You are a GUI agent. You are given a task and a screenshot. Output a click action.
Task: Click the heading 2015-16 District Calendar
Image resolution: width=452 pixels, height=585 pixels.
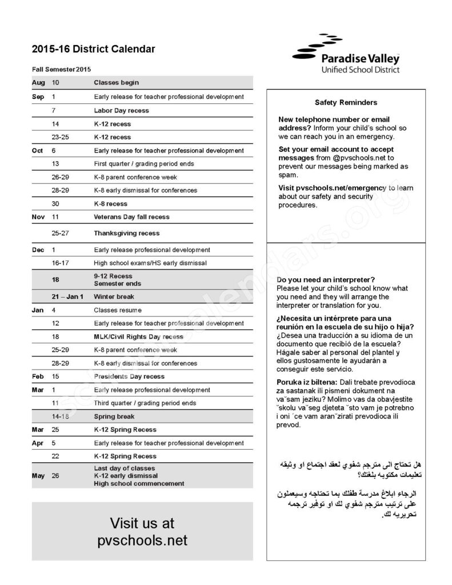pyautogui.click(x=94, y=50)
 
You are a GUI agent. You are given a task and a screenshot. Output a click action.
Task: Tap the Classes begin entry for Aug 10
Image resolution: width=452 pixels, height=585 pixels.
pyautogui.click(x=116, y=83)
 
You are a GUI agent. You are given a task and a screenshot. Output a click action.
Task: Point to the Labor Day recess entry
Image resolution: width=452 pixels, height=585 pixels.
pyautogui.click(x=121, y=110)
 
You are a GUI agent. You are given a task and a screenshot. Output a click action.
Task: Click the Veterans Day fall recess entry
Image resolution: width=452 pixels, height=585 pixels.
pyautogui.click(x=131, y=217)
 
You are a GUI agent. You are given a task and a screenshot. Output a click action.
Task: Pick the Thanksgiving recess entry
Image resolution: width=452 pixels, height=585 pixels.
pyautogui.click(x=126, y=233)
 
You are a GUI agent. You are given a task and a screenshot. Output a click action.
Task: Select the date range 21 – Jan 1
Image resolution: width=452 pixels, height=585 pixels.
pyautogui.click(x=67, y=297)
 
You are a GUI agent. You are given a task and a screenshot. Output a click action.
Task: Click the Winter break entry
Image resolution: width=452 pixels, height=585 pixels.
pyautogui.click(x=113, y=297)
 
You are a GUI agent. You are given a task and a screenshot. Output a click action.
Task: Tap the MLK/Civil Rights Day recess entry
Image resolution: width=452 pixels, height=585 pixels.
pyautogui.click(x=138, y=336)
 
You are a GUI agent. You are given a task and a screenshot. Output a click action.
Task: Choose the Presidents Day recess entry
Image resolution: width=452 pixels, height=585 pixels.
pyautogui.click(x=129, y=376)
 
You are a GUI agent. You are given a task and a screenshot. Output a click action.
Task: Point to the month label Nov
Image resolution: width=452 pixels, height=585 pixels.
pyautogui.click(x=38, y=217)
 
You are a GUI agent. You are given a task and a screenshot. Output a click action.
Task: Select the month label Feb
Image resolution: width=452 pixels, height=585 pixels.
pyautogui.click(x=38, y=376)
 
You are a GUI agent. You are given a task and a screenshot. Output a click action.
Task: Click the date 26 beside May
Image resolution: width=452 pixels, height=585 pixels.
pyautogui.click(x=55, y=475)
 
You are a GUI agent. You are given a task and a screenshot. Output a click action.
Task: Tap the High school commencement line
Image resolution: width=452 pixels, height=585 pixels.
pyautogui.click(x=139, y=483)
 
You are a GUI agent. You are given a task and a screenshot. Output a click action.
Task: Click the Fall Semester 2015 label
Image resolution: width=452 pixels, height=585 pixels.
pyautogui.click(x=62, y=69)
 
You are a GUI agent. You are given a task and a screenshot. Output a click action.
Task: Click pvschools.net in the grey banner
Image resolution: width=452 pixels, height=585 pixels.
pyautogui.click(x=142, y=540)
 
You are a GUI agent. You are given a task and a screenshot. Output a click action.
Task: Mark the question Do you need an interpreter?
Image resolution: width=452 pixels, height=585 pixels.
pyautogui.click(x=326, y=280)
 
